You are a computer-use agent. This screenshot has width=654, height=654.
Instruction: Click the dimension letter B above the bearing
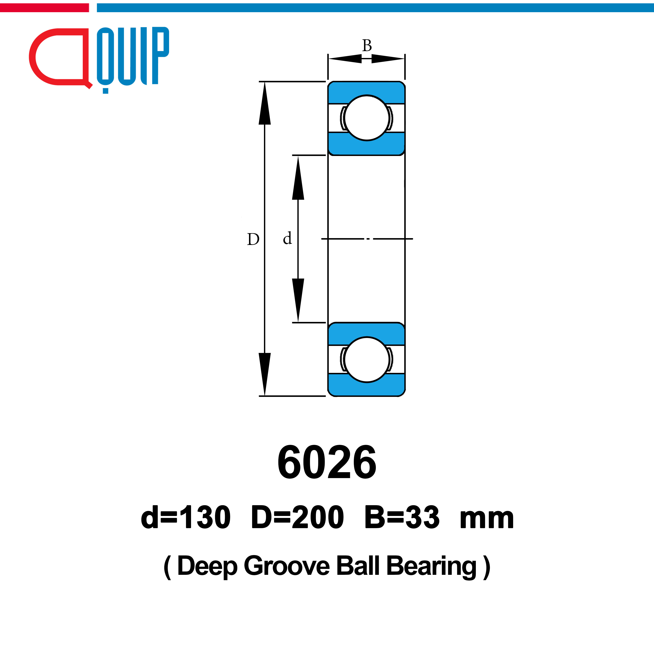367,45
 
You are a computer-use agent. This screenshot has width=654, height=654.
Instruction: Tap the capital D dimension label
253,239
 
